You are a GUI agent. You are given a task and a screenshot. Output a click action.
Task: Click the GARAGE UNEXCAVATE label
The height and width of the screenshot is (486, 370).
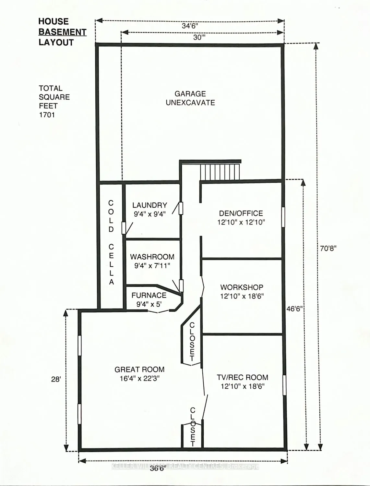click(x=190, y=98)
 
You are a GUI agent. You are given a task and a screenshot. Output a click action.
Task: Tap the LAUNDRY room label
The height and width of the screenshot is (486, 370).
click(x=149, y=205)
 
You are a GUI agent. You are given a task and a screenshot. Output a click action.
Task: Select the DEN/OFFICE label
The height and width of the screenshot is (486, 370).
click(x=241, y=213)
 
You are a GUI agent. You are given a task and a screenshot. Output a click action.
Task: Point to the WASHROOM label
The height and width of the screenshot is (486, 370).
click(x=152, y=257)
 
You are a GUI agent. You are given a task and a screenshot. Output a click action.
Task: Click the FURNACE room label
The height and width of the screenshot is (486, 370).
click(x=149, y=295)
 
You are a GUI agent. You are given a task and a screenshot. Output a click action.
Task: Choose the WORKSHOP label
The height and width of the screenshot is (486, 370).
click(x=242, y=287)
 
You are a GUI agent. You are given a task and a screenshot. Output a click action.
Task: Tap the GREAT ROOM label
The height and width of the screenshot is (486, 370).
click(x=139, y=369)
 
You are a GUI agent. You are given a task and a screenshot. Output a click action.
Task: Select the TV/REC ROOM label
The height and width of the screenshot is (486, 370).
click(x=242, y=377)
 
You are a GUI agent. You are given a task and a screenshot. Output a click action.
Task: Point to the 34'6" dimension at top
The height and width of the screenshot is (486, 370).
click(x=190, y=26)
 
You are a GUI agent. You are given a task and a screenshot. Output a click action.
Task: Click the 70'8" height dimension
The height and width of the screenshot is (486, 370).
click(x=328, y=248)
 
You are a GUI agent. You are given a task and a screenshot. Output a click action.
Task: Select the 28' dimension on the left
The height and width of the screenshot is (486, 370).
click(x=56, y=379)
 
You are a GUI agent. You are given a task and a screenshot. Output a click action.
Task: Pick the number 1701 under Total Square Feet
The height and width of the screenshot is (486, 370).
click(x=47, y=115)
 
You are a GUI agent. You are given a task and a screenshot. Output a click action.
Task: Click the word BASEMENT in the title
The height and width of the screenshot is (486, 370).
click(x=63, y=32)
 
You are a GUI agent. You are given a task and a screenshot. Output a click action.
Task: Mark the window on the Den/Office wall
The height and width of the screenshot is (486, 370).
click(x=283, y=217)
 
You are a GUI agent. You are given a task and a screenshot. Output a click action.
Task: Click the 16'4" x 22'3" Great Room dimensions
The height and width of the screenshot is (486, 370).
click(x=139, y=378)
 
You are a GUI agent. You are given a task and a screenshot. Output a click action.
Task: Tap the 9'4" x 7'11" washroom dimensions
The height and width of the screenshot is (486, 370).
click(x=152, y=265)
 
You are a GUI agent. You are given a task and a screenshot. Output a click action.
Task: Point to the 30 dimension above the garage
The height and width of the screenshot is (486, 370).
click(x=199, y=37)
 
